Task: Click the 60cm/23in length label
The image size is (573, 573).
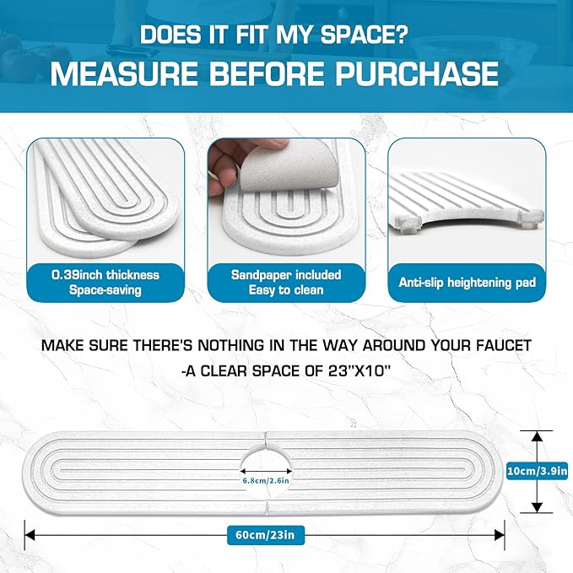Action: click(265, 535)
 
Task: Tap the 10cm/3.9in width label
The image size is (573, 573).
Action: click(537, 471)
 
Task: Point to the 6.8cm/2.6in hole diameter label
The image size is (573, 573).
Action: click(266, 480)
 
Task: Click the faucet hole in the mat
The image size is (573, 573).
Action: click(266, 472)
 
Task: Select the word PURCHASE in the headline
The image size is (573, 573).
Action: click(417, 73)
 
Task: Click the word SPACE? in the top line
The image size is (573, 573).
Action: click(365, 35)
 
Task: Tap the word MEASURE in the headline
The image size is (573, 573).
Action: click(124, 73)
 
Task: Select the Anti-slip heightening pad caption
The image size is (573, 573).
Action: click(467, 283)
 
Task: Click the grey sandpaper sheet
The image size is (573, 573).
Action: click(289, 167)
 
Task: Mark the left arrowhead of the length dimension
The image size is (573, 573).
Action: click(30, 535)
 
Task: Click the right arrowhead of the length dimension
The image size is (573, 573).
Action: click(500, 535)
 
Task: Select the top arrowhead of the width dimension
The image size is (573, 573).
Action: click(537, 436)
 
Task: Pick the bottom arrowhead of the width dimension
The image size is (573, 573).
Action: click(537, 507)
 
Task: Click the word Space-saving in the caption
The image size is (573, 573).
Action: click(105, 290)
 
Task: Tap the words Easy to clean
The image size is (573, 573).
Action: click(286, 290)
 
